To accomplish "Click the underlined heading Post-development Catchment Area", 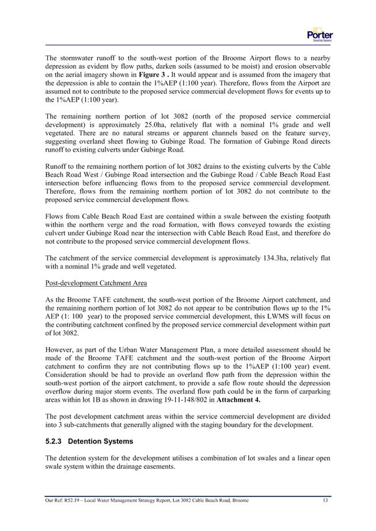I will point(90,283).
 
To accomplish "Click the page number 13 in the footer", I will point(325,501).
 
